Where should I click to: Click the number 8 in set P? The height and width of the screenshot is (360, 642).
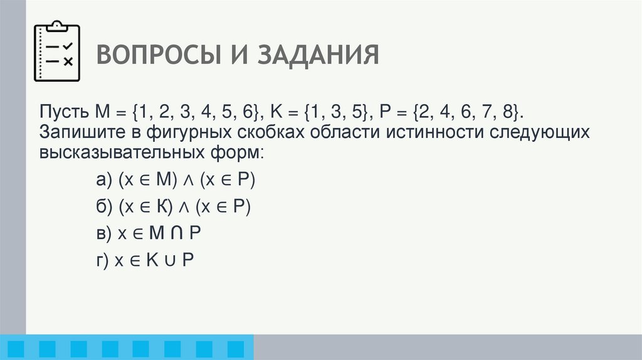506,113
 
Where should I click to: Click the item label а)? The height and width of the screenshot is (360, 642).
104,181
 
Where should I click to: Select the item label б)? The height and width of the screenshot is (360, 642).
104,208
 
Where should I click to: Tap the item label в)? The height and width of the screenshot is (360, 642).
104,233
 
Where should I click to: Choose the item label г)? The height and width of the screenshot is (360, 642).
103,260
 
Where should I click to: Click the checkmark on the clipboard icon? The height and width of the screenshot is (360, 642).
68,46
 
